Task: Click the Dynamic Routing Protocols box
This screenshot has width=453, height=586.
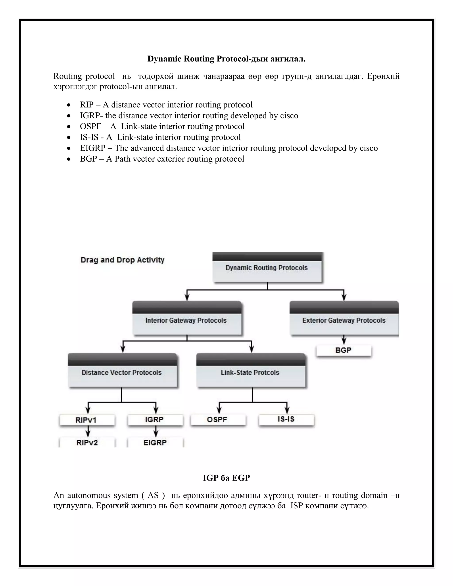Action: tap(267, 268)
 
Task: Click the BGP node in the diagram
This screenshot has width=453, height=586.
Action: tap(344, 350)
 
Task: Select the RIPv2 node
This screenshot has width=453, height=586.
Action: tap(87, 442)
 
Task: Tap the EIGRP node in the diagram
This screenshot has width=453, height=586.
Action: tap(155, 442)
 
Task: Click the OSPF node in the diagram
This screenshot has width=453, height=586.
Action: tap(217, 419)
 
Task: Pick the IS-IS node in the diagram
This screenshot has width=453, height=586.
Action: tap(286, 419)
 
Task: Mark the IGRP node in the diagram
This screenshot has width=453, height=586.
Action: tap(155, 419)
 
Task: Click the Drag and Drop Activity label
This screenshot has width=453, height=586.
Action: tap(122, 260)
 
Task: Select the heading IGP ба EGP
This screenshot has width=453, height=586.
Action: tap(226, 478)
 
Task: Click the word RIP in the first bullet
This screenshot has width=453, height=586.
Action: tap(87, 105)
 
